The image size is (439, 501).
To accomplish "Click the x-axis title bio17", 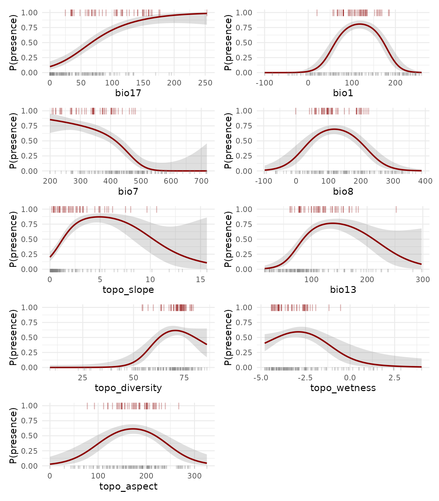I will pos(128,93).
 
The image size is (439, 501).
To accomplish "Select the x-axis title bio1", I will pos(343,93).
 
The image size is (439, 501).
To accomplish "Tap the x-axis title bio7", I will pos(128,191).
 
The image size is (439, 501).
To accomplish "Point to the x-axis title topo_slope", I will pos(128,290).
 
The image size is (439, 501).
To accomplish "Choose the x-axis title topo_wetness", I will pos(343,388).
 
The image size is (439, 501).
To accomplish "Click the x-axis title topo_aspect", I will pos(128,486).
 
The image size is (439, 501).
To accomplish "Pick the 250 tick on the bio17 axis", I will pos(205,83).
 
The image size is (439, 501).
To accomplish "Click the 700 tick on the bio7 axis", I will pos(201,181).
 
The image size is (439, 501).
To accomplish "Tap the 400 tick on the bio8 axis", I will pos(425,181).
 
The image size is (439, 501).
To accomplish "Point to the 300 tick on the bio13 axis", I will pos(423,280).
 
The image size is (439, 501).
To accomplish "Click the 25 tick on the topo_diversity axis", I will pos(83,378).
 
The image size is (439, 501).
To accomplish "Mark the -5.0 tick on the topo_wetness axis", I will pos(261,378).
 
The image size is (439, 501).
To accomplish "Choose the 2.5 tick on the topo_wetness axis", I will pos(394,378).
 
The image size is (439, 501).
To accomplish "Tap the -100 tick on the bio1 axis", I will pos(264,83).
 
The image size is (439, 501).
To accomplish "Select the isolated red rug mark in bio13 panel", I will pos(396,209).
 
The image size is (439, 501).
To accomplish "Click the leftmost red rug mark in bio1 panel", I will pos(317,13).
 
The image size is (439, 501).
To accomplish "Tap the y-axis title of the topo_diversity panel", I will pos(13,337).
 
